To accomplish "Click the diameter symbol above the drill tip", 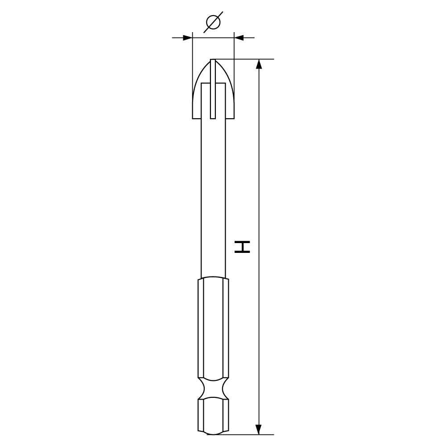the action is pos(213,22).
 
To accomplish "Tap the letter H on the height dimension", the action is pos(242,247).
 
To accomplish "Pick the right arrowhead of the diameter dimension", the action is pos(239,37).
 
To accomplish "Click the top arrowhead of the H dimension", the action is pos(259,64).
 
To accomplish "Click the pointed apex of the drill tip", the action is pos(213,59).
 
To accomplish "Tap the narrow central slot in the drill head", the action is pos(213,89).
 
